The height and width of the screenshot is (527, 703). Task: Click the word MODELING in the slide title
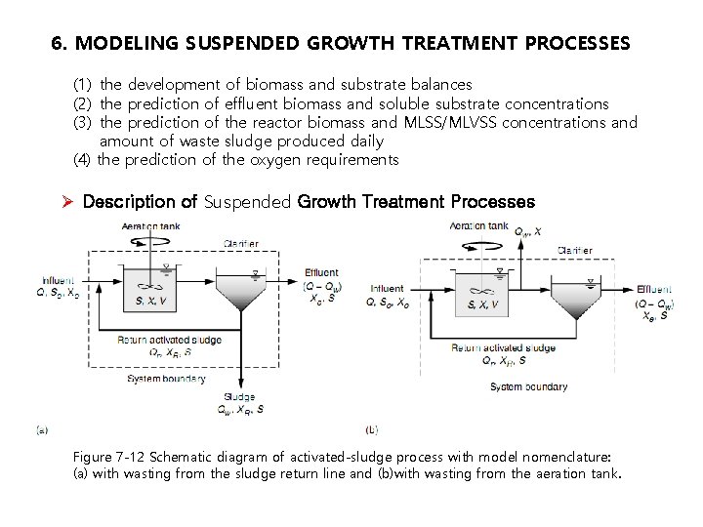coord(120,44)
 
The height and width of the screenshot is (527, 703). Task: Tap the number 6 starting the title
coord(57,44)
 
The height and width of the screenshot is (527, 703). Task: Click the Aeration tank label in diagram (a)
coord(151,227)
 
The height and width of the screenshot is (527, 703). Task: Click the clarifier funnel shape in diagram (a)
coord(240,293)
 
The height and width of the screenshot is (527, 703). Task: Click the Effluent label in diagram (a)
coord(321,273)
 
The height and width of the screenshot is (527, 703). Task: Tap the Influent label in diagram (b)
coord(388,289)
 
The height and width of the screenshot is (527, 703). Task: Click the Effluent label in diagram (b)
coord(653,290)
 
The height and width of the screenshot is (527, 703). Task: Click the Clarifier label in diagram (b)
coord(574,251)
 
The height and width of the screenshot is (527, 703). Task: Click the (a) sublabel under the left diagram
coord(41,428)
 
